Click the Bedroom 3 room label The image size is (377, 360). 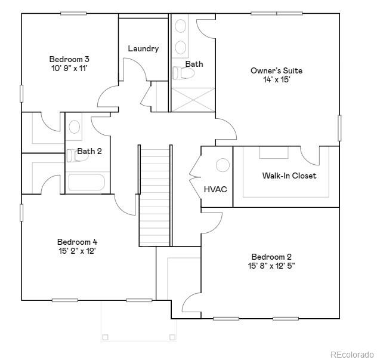pyautogui.click(x=69, y=59)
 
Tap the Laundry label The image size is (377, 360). pyautogui.click(x=143, y=48)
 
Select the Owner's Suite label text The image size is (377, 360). pyautogui.click(x=276, y=70)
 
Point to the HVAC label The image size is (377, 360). pyautogui.click(x=215, y=189)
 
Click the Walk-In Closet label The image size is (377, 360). pyautogui.click(x=289, y=176)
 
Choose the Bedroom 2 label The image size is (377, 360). pyautogui.click(x=271, y=257)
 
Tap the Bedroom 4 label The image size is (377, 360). pyautogui.click(x=77, y=242)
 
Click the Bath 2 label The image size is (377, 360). pyautogui.click(x=89, y=151)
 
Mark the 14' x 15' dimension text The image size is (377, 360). pyautogui.click(x=276, y=80)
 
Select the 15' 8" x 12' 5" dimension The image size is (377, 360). pyautogui.click(x=271, y=266)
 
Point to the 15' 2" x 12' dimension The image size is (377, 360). pyautogui.click(x=77, y=251)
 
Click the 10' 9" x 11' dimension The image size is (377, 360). pyautogui.click(x=69, y=69)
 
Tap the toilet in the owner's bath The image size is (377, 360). pyautogui.click(x=184, y=73)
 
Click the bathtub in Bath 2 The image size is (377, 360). pyautogui.click(x=86, y=182)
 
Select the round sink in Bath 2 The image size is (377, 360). pyautogui.click(x=74, y=127)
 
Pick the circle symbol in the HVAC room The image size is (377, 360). pyautogui.click(x=223, y=165)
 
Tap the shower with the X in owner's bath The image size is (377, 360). pyautogui.click(x=193, y=99)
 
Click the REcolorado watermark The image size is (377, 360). pyautogui.click(x=351, y=353)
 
